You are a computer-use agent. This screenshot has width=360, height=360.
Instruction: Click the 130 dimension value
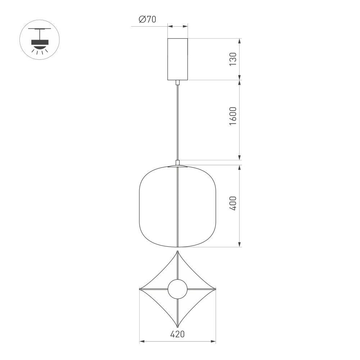tap(233, 59)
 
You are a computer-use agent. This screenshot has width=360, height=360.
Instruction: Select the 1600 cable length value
tap(233, 116)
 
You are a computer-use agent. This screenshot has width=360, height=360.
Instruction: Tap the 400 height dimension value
tap(233, 203)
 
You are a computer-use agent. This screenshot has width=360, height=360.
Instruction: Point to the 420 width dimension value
tap(177, 334)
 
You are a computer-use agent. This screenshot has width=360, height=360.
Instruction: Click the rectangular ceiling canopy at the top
tap(177, 59)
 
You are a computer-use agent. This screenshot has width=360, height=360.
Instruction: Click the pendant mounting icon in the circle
tap(40, 40)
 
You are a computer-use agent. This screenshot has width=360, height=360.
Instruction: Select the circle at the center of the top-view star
tap(177, 289)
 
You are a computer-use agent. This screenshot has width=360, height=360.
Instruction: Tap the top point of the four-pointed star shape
tap(177, 252)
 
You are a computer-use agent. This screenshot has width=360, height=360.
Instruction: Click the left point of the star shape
tap(140, 289)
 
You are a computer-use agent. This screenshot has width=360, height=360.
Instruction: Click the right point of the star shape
tap(215, 289)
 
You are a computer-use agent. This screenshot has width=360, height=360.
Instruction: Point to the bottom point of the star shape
tap(177, 326)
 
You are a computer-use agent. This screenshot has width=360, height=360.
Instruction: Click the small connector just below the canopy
tap(177, 82)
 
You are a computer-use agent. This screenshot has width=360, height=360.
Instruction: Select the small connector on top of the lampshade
tap(177, 162)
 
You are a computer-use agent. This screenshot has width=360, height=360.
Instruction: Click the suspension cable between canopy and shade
tap(177, 122)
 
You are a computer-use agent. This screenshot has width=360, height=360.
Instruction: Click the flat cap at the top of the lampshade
tap(177, 166)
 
